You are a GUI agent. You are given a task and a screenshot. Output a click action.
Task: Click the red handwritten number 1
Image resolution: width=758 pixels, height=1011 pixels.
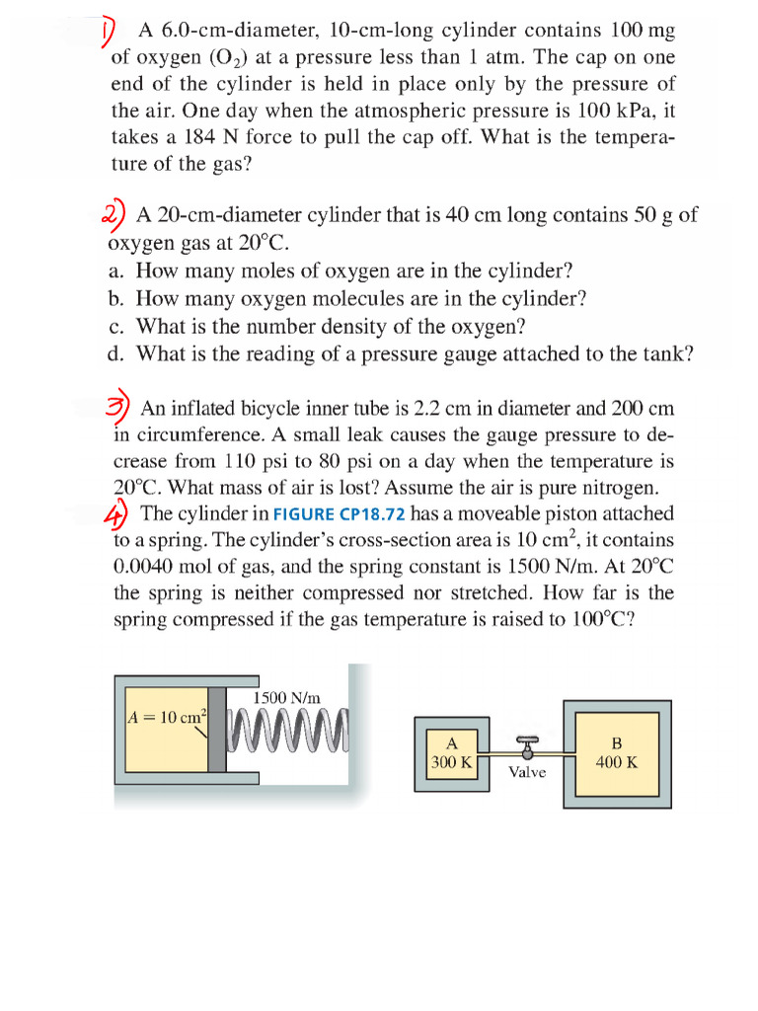pos(111,34)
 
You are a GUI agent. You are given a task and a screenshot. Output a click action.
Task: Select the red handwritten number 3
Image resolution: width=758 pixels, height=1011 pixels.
pos(117,407)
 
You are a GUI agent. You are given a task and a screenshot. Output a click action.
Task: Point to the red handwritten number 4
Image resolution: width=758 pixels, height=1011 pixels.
pos(116,512)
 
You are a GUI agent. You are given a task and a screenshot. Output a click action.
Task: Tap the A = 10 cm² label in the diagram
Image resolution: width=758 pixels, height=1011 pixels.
pos(163,717)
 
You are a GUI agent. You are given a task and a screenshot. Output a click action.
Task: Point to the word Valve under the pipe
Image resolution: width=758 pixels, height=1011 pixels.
pos(527,771)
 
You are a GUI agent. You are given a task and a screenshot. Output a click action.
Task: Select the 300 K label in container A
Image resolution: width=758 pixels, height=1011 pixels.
pos(452,762)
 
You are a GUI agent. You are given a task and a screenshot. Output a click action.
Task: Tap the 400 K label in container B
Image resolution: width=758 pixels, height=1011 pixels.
pos(617,762)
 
